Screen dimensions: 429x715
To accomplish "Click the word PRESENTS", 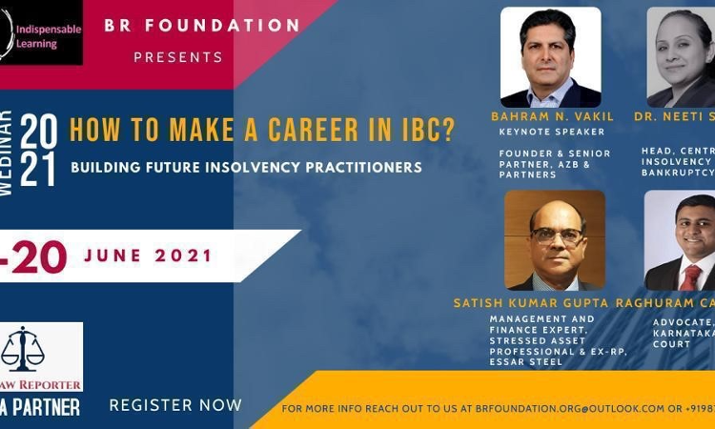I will pyautogui.click(x=178, y=57).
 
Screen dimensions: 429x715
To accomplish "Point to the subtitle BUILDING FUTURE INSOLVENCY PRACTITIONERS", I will pyautogui.click(x=246, y=167).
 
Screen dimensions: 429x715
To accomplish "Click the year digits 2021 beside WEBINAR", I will pyautogui.click(x=38, y=151).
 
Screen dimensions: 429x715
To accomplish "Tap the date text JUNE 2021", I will pyautogui.click(x=149, y=255).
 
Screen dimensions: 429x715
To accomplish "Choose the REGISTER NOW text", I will pyautogui.click(x=175, y=405).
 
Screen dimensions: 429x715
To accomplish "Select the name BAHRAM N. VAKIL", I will pyautogui.click(x=552, y=116).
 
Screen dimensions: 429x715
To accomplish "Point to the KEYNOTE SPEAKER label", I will pyautogui.click(x=552, y=132).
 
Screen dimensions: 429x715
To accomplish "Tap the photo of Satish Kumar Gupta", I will pyautogui.click(x=554, y=240).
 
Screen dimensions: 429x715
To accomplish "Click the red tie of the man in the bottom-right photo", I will pyautogui.click(x=688, y=277).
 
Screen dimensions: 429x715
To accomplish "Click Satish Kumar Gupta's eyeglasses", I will pyautogui.click(x=556, y=235).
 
